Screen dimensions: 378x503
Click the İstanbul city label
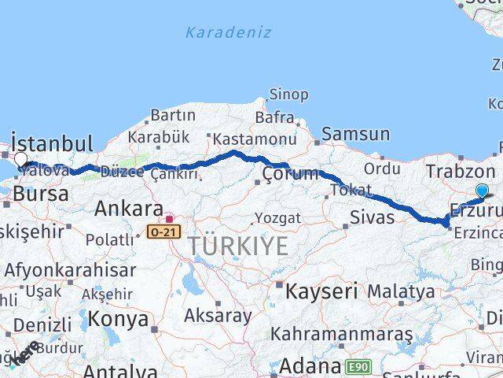[x=53, y=144]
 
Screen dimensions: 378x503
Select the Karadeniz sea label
[x=229, y=32]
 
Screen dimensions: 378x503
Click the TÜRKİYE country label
[x=238, y=246]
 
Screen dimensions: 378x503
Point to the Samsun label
[x=355, y=135]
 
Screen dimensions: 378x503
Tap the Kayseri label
[x=322, y=291]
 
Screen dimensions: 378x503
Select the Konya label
[x=118, y=319]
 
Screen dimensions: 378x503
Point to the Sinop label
[x=288, y=94]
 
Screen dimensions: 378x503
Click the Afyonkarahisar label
[x=70, y=269]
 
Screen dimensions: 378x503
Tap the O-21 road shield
[x=157, y=232]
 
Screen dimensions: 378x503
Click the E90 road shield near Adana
[x=358, y=366]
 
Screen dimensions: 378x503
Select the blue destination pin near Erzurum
[x=481, y=190]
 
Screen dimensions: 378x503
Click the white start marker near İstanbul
[x=20, y=158]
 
